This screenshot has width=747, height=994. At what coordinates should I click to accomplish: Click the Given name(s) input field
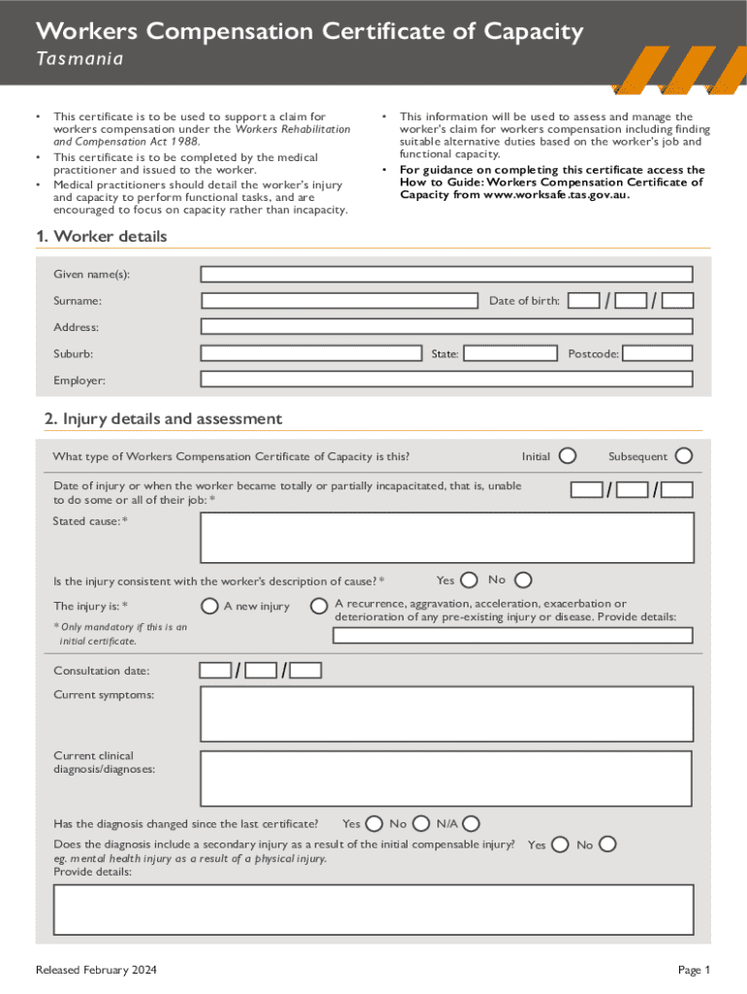[446, 275]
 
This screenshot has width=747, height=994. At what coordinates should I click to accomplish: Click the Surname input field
[340, 301]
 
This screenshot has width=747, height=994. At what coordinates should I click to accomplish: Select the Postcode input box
[657, 353]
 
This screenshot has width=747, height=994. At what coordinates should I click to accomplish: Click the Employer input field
[446, 380]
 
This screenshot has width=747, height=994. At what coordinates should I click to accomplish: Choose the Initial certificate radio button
[568, 456]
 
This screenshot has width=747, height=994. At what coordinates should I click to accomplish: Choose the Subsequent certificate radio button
[684, 455]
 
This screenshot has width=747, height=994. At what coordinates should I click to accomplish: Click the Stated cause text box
[446, 537]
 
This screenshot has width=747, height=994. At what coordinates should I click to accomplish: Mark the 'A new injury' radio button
[209, 607]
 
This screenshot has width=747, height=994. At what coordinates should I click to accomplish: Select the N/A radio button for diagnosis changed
[471, 824]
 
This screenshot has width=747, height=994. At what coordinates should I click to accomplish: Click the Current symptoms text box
[446, 713]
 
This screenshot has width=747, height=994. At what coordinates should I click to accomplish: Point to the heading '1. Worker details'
[101, 237]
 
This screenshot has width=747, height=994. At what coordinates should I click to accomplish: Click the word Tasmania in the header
[80, 59]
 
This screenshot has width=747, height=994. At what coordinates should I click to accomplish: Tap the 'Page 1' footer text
[695, 971]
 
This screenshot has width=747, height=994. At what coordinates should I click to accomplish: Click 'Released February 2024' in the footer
[96, 971]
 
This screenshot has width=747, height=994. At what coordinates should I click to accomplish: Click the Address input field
[446, 327]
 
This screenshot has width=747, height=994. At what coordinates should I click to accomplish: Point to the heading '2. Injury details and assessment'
[163, 419]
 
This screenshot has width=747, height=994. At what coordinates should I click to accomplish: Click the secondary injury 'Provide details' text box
[373, 910]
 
